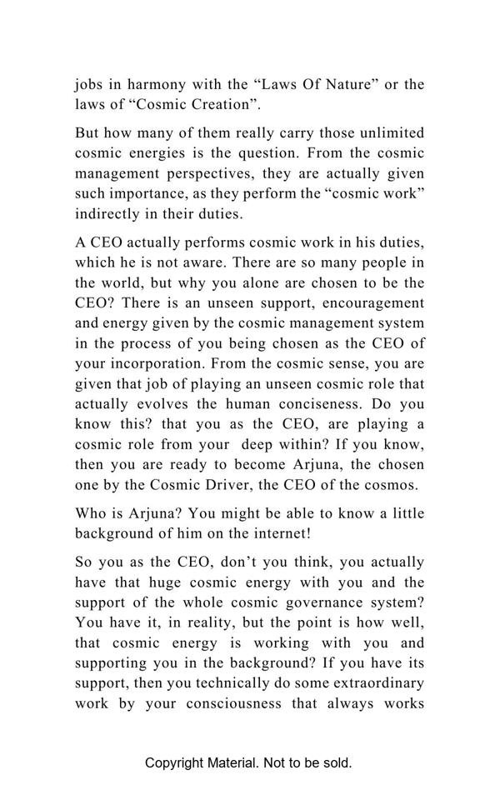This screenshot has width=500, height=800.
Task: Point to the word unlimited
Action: point(390,133)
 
